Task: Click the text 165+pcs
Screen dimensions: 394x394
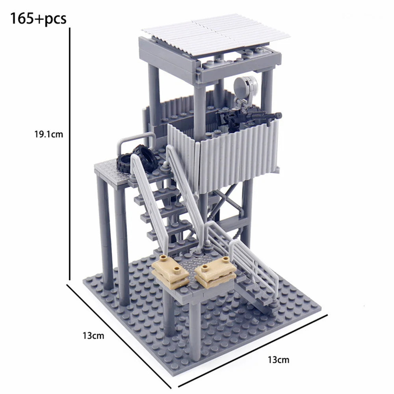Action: coord(38,19)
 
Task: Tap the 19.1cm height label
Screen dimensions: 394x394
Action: coord(49,134)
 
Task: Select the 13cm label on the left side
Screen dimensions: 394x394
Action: coord(93,335)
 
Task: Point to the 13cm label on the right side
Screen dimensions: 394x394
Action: coord(279,360)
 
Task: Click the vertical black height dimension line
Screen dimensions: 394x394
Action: coord(70,154)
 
